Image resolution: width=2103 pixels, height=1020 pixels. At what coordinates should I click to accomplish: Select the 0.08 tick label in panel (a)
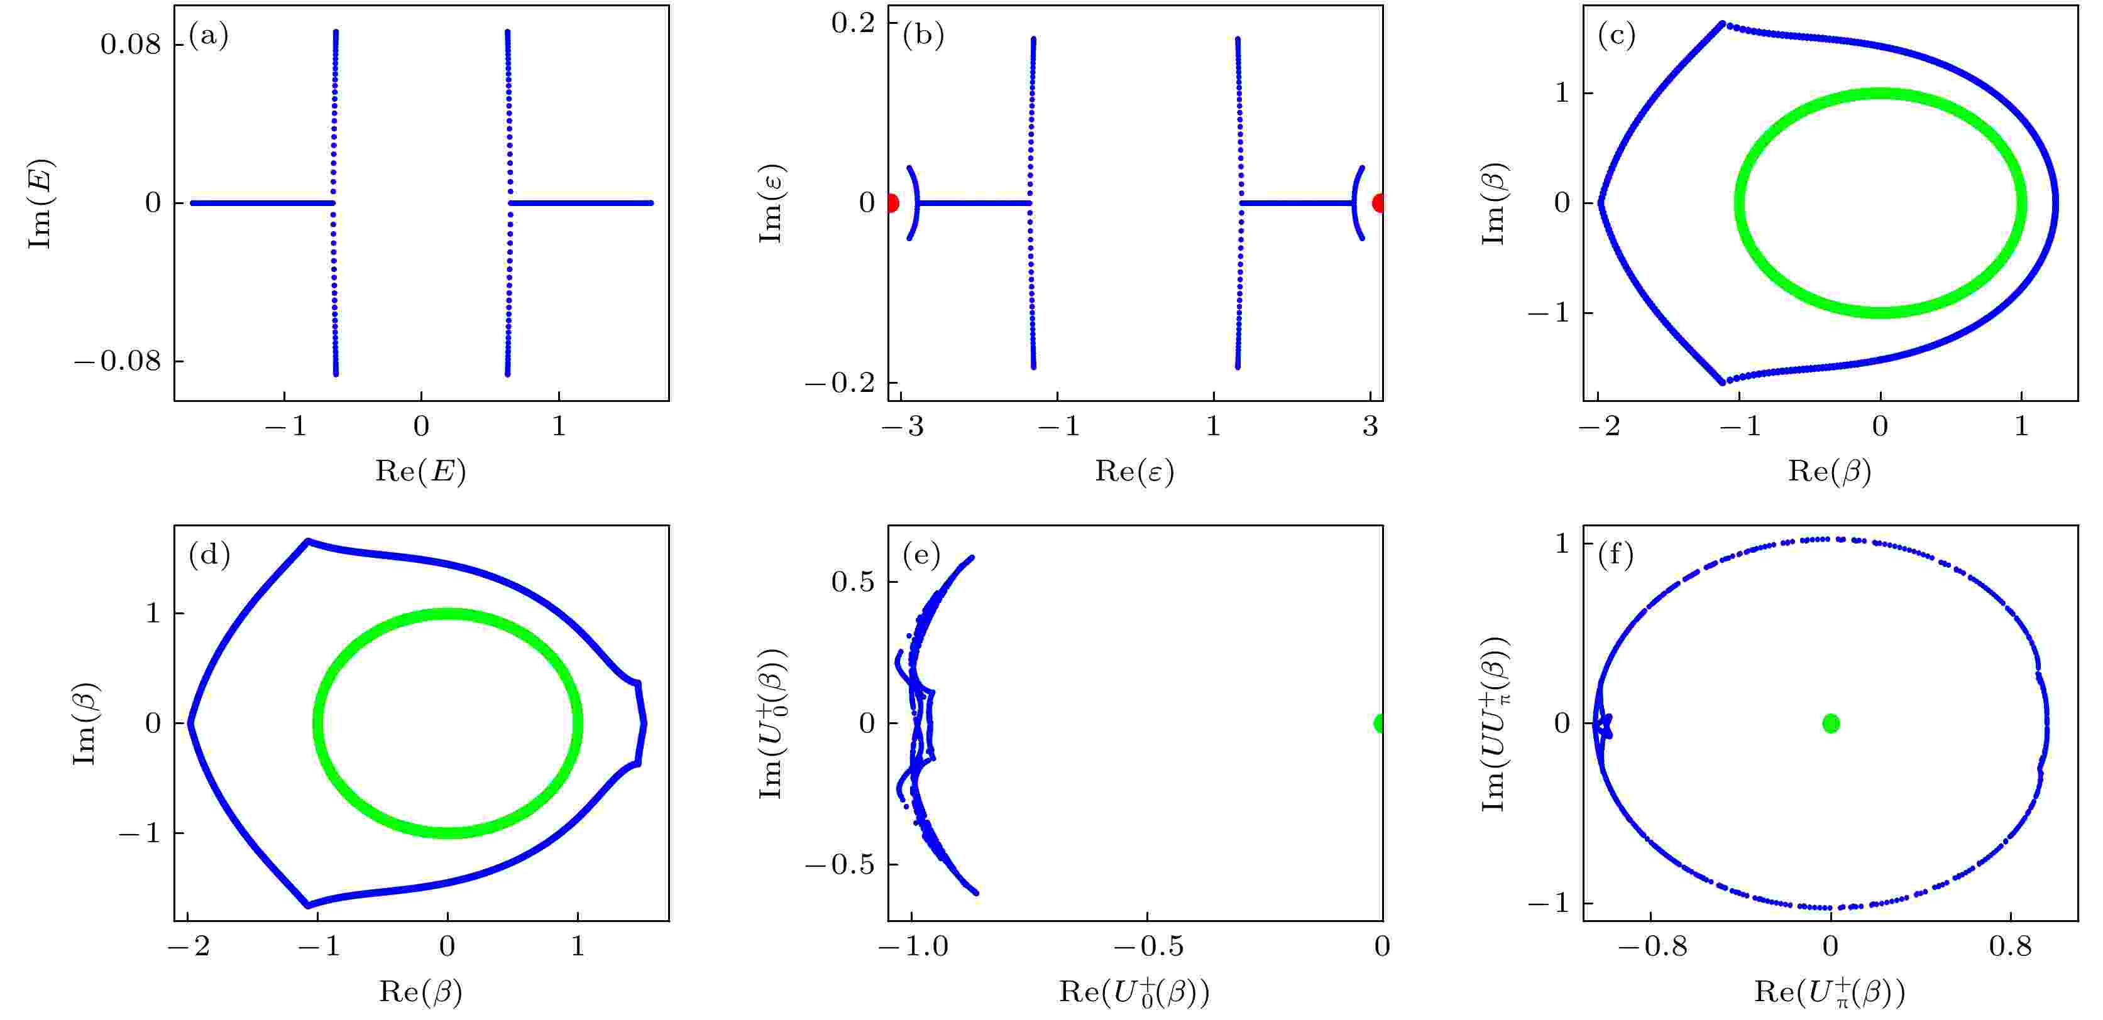[131, 44]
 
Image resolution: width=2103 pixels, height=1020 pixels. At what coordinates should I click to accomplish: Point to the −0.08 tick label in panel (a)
[118, 361]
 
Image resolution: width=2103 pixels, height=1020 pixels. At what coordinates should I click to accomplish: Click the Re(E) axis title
[420, 471]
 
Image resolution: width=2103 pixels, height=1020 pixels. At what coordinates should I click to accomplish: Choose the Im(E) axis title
[41, 203]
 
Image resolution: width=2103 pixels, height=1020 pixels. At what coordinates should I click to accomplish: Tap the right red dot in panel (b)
[1379, 203]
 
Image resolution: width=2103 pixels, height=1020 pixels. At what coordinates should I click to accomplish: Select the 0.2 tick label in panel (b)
[852, 23]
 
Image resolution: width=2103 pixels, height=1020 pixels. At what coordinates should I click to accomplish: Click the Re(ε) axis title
[1134, 471]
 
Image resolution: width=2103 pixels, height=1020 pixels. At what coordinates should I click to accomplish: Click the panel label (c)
[1617, 36]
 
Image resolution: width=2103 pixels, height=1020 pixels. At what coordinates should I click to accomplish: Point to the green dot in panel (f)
[1830, 723]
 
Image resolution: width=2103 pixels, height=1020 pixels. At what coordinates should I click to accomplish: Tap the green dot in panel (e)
[1380, 723]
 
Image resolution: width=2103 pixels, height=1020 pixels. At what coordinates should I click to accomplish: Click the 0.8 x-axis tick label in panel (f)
[2009, 947]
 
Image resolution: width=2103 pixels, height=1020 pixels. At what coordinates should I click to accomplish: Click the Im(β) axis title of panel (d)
[85, 723]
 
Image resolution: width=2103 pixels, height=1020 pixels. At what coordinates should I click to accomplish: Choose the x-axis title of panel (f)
[1829, 992]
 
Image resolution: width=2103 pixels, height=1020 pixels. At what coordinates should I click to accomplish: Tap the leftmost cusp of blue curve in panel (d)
[189, 723]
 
